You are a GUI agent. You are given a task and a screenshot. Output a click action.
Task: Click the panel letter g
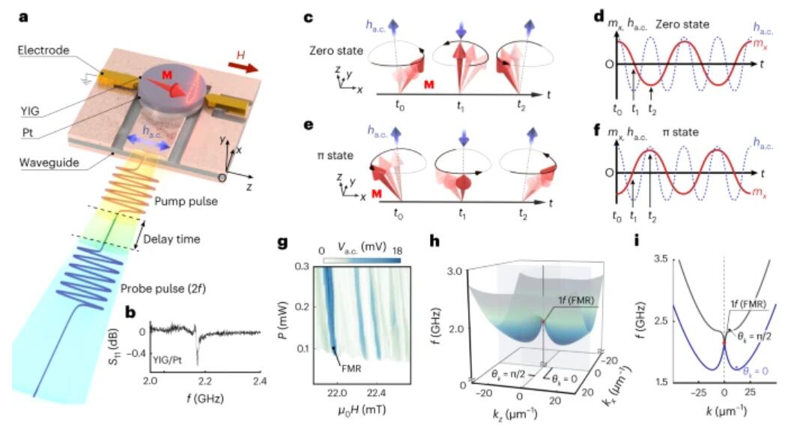point(282,242)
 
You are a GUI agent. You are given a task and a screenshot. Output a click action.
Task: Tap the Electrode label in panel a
point(43,50)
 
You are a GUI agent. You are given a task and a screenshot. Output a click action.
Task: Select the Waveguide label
point(49,163)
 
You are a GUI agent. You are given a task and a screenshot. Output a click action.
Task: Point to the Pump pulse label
point(186,202)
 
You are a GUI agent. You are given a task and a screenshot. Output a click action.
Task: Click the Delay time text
point(172,239)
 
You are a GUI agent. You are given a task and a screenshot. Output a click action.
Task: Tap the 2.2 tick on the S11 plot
point(204,381)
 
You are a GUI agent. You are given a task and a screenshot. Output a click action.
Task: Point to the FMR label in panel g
point(351,367)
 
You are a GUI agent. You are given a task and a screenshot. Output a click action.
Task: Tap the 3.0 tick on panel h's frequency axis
point(455,271)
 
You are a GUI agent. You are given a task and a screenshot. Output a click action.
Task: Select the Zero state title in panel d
point(682,25)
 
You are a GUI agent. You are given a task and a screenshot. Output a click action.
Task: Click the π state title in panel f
point(681,132)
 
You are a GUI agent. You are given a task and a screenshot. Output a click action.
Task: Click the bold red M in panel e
point(377,193)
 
